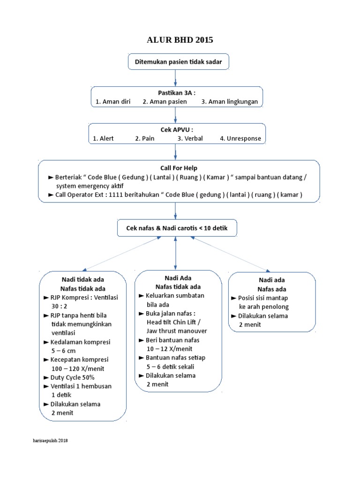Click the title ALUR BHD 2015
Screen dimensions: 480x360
click(180, 40)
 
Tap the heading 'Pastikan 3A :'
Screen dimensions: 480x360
click(176, 93)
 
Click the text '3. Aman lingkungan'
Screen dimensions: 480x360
click(230, 102)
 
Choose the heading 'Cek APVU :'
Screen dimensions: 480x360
click(176, 130)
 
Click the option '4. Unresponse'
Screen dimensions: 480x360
click(240, 139)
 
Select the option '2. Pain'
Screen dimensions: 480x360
click(144, 139)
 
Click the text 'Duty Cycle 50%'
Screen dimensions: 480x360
click(73, 377)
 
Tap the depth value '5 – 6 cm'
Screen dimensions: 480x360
click(63, 351)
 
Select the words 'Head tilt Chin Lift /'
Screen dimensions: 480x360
click(173, 322)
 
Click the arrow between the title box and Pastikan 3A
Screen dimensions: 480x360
click(175, 77)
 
